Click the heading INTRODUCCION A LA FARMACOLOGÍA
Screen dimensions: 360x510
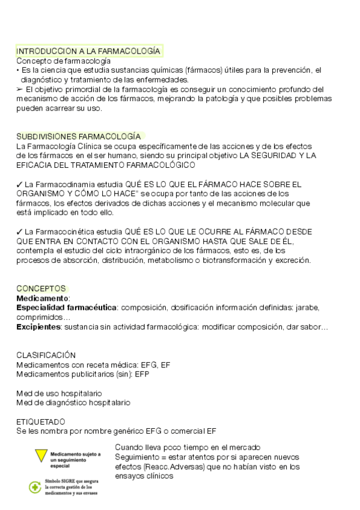[x=88, y=51]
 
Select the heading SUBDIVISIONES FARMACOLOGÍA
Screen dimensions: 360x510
[x=79, y=137]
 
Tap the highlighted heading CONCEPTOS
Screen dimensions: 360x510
[x=41, y=289]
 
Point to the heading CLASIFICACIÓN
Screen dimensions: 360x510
[x=46, y=355]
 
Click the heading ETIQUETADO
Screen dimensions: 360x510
[x=41, y=422]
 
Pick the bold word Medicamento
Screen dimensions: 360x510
[x=42, y=298]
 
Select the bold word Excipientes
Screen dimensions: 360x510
[x=38, y=327]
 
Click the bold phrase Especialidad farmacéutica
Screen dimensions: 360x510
[x=66, y=307]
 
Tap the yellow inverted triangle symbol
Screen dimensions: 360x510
[x=41, y=456]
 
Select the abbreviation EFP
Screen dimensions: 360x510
[x=142, y=373]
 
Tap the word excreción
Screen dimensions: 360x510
[x=293, y=260]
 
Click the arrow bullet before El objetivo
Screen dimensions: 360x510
[x=20, y=89]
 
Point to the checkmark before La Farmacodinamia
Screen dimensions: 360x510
[x=19, y=184]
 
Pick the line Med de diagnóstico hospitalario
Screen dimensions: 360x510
[x=73, y=402]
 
